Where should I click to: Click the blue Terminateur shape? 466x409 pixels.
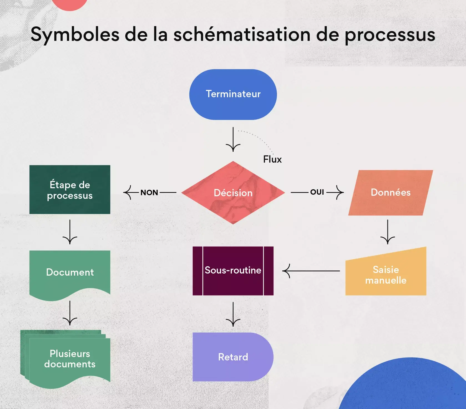233,94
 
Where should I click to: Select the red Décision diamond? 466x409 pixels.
233,193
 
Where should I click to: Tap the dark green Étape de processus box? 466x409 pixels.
70,190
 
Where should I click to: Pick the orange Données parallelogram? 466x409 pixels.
391,192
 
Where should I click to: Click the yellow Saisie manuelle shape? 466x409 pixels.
386,275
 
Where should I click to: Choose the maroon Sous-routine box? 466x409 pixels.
233,271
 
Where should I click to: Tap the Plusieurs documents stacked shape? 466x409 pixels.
69,359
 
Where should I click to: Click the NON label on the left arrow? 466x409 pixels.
149,192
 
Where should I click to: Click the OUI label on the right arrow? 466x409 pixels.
317,192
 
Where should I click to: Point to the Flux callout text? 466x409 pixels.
272,159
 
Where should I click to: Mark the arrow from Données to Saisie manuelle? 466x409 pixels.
388,232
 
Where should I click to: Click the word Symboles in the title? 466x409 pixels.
75,35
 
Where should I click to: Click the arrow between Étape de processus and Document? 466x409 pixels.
70,232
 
